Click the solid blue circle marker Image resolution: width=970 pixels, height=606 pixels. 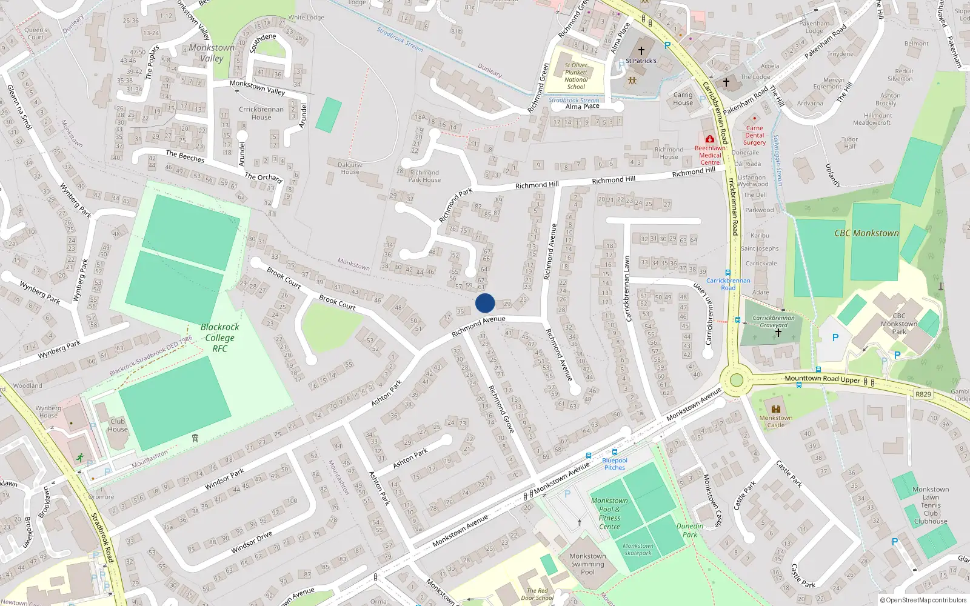click(x=485, y=303)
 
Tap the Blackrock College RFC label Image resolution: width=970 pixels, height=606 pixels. click(x=219, y=338)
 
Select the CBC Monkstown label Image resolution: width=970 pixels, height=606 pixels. click(x=866, y=233)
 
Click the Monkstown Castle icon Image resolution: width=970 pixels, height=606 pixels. click(x=775, y=407)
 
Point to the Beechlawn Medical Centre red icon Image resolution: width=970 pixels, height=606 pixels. click(x=710, y=139)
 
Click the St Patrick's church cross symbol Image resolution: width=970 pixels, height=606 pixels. click(x=641, y=51)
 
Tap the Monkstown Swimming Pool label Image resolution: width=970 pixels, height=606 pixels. click(x=587, y=564)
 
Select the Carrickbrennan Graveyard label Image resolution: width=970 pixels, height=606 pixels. click(x=774, y=321)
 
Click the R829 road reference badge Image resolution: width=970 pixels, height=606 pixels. click(x=923, y=395)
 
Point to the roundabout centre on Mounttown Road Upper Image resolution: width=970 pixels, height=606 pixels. click(x=737, y=380)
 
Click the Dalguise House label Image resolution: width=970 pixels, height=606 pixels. click(x=350, y=168)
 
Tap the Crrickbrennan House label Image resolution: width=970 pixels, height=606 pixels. click(x=261, y=113)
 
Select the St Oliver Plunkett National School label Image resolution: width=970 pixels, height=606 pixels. click(x=576, y=76)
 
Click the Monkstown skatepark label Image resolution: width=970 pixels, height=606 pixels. click(x=638, y=549)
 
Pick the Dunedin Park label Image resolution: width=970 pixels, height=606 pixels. click(x=690, y=530)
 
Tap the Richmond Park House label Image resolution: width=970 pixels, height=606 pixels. click(x=424, y=176)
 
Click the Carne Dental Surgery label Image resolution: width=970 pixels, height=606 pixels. click(x=755, y=135)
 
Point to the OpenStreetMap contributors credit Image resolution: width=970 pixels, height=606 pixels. click(x=923, y=600)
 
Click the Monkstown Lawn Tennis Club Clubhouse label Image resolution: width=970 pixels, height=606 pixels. click(x=931, y=505)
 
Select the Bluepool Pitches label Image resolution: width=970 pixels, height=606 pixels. click(x=614, y=464)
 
